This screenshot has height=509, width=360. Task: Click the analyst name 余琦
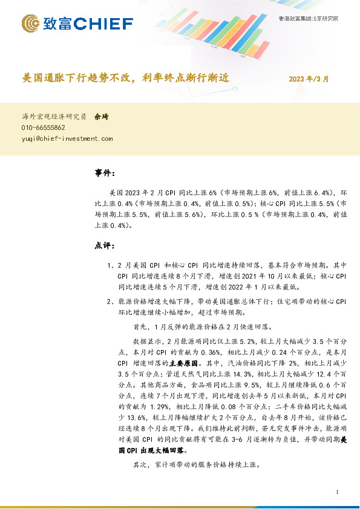(x=101, y=117)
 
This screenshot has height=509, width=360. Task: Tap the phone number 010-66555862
(x=44, y=128)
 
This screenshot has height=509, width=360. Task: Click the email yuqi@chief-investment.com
(x=67, y=138)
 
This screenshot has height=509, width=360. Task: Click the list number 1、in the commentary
(x=111, y=265)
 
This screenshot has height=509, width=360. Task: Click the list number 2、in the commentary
(x=111, y=302)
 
